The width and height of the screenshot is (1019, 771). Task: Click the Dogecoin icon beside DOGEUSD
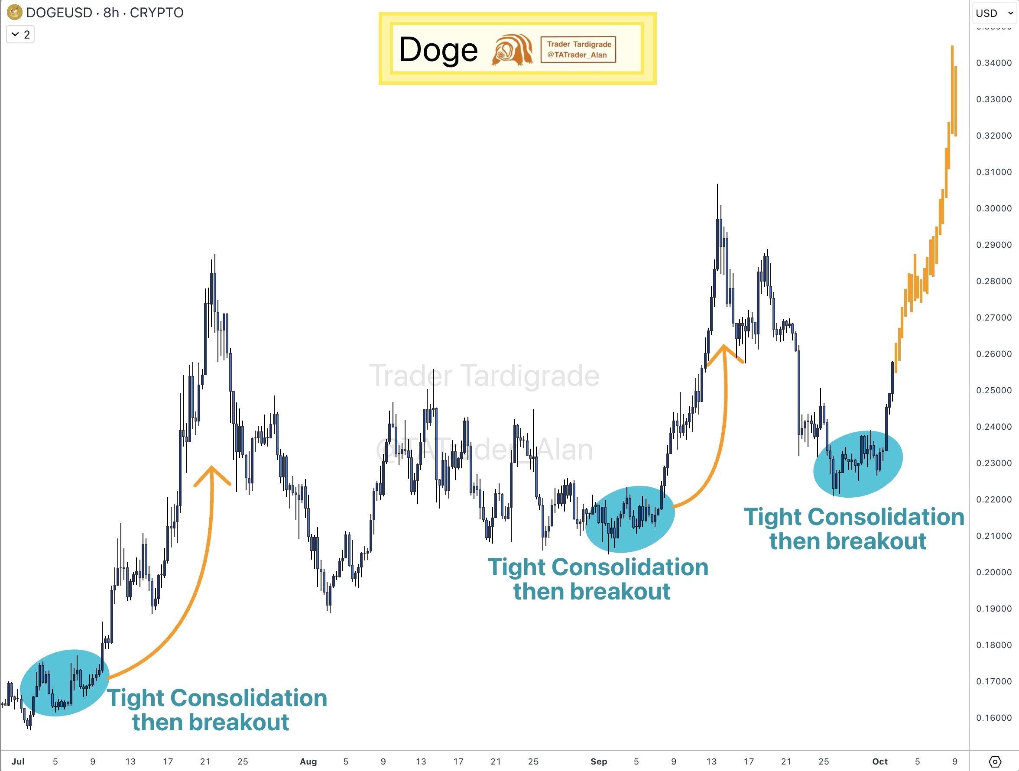[x=15, y=13]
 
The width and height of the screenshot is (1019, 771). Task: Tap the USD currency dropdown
[x=994, y=13]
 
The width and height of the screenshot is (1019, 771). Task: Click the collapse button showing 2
[x=20, y=35]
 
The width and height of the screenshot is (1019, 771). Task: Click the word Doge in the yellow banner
[x=438, y=50]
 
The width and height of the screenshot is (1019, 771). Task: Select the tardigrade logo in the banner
[x=512, y=49]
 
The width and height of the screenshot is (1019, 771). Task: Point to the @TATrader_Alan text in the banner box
[x=577, y=55]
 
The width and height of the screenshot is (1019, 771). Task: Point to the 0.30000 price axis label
[x=994, y=208]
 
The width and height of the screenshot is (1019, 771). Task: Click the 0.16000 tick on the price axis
[x=994, y=718]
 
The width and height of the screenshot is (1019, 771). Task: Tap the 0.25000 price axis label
[x=994, y=390]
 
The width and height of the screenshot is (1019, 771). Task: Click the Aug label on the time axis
[x=308, y=761]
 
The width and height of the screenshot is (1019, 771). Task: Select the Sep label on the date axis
[x=598, y=761]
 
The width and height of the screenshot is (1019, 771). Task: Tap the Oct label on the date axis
[x=879, y=761]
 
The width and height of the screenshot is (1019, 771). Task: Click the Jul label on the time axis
[x=18, y=761]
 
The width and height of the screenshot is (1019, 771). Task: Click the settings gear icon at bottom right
[x=995, y=761]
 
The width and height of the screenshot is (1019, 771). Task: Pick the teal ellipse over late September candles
[x=857, y=464]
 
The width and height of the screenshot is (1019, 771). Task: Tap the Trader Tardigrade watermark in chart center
[x=484, y=376]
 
